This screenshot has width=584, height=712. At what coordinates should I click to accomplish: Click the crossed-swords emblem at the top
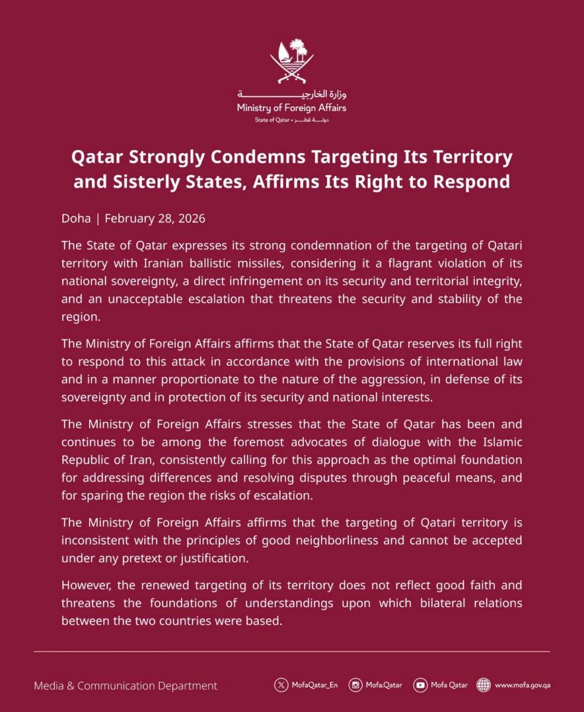pos(291,61)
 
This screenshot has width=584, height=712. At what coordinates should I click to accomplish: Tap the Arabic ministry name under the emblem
pos(291,95)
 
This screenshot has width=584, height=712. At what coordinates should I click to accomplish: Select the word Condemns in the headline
pos(271,157)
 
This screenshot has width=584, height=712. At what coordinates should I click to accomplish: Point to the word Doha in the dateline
pos(76,218)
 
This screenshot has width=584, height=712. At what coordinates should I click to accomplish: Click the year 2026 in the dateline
pos(190,218)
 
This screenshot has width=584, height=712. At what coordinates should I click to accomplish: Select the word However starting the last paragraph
pos(85,586)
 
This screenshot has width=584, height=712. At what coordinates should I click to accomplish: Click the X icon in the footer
pos(281,685)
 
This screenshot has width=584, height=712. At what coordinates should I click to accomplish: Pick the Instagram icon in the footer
pos(356,685)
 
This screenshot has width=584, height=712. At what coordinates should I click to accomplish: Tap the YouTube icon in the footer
pos(421,685)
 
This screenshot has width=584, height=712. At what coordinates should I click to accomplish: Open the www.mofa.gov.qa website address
pos(522,685)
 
